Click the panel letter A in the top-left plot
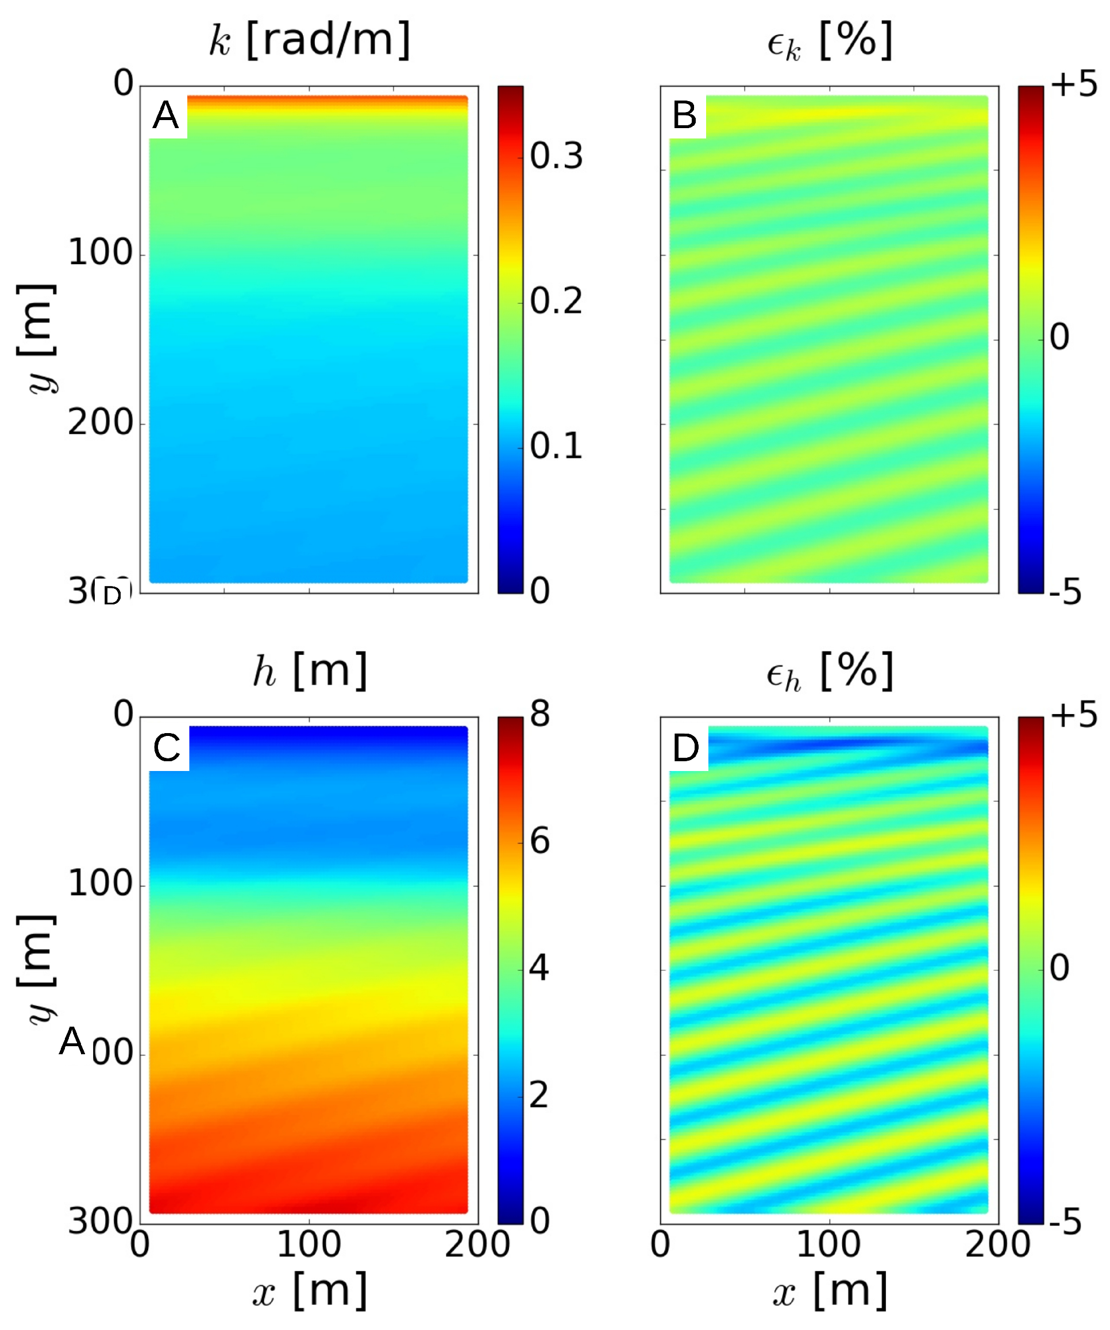pyautogui.click(x=166, y=116)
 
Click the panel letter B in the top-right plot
pyautogui.click(x=684, y=116)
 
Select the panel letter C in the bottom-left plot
pyautogui.click(x=167, y=747)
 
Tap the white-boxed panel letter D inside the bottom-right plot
pyautogui.click(x=686, y=747)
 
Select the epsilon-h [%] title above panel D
pyautogui.click(x=830, y=672)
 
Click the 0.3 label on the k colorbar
pyautogui.click(x=556, y=156)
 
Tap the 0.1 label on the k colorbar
pyautogui.click(x=556, y=446)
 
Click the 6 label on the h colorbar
pyautogui.click(x=539, y=841)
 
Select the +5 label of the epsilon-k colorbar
pyautogui.click(x=1073, y=84)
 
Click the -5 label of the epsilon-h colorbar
pyautogui.click(x=1066, y=1223)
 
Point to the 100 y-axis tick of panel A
pyautogui.click(x=100, y=253)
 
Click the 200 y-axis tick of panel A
pyautogui.click(x=100, y=422)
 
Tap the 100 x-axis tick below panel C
pyautogui.click(x=309, y=1244)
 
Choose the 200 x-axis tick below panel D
pyautogui.click(x=997, y=1244)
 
